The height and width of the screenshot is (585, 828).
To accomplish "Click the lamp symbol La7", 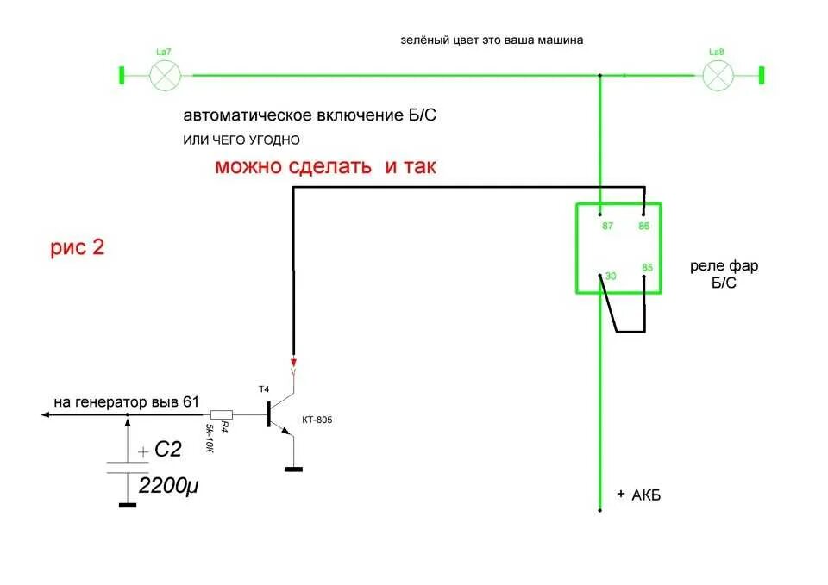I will tap(164, 76).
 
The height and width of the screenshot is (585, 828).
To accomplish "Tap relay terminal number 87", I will tap(606, 226).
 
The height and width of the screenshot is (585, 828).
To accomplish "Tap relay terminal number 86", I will tap(643, 226).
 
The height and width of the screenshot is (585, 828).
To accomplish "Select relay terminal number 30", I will tap(610, 276).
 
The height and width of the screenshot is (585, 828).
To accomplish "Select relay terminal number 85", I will tap(647, 267).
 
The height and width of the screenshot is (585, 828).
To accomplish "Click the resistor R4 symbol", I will tap(223, 414).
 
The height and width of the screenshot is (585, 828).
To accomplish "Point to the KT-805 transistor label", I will tap(317, 420).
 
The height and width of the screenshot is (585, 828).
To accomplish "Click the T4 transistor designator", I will tap(264, 390).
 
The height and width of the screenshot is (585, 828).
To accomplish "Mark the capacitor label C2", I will tap(167, 449).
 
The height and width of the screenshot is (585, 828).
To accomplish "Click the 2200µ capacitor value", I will tap(171, 486).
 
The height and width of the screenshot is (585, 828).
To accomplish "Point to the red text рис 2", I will tap(78, 248).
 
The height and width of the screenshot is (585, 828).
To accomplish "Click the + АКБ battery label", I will tap(639, 495).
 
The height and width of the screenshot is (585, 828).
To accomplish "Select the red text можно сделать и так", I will tap(325, 167).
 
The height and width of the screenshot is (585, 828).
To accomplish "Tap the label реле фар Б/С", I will tap(724, 275).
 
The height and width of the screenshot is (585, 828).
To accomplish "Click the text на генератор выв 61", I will tap(126, 401).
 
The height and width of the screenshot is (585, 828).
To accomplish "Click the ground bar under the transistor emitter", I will tap(293, 469).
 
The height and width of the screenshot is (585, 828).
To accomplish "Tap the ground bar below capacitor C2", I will tap(128, 505).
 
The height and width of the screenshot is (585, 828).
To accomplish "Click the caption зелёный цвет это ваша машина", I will tap(492, 40).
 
